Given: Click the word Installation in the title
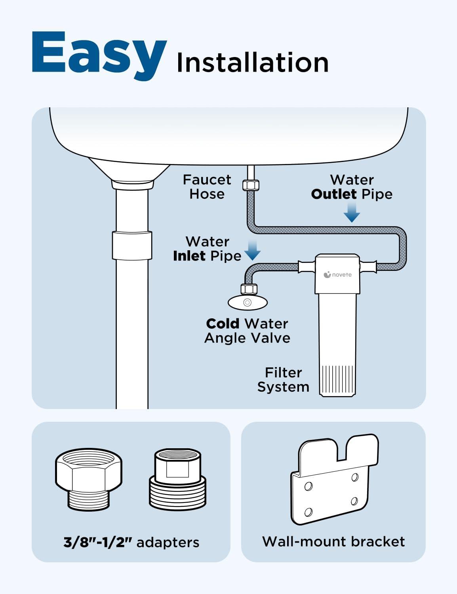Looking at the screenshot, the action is tap(253, 63).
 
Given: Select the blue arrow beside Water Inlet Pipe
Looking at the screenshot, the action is tap(252, 250).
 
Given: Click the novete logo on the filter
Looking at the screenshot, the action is tap(337, 275).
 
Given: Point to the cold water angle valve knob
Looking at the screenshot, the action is tap(248, 303).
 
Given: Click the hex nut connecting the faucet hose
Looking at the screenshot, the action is tap(251, 185).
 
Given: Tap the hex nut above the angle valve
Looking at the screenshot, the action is tap(249, 289).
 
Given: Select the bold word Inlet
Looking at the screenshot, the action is tap(189, 256).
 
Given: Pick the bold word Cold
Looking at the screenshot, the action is tap(223, 324).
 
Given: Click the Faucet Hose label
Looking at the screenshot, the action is tap(207, 187).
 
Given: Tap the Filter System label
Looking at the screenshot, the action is tap(283, 380).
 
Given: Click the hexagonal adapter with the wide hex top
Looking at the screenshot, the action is tap(89, 480).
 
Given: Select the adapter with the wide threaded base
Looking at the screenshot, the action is tap(178, 480).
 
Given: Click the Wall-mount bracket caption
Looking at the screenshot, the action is tap(333, 541).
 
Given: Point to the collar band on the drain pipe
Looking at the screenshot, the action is tap(132, 245).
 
